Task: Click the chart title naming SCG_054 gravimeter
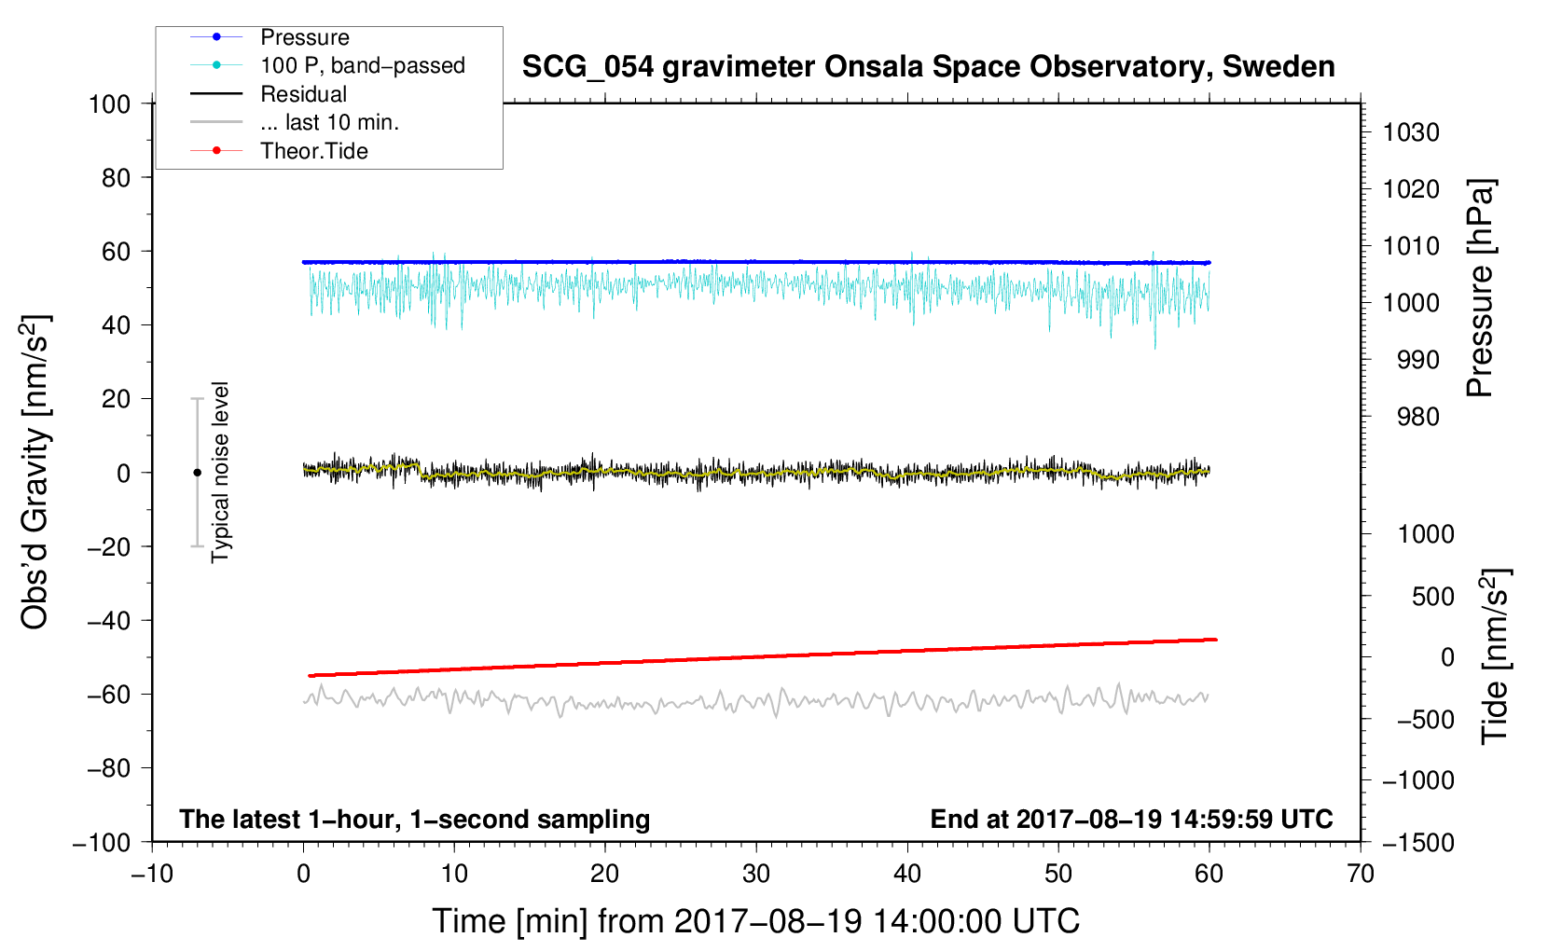click(x=928, y=67)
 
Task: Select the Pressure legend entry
click(x=304, y=37)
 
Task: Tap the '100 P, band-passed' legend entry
click(x=362, y=65)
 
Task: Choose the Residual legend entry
click(x=303, y=94)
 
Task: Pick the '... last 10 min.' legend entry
click(x=329, y=122)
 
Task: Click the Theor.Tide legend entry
click(x=313, y=151)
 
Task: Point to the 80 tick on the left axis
click(x=116, y=177)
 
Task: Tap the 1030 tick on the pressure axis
click(x=1411, y=132)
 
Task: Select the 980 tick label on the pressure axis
click(x=1417, y=417)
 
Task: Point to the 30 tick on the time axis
click(x=756, y=874)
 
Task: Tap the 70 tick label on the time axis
click(x=1361, y=874)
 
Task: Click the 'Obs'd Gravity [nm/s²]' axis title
click(x=35, y=472)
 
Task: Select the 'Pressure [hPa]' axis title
click(x=1480, y=288)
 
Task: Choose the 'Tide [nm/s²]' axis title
click(x=1495, y=655)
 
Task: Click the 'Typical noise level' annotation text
click(x=220, y=472)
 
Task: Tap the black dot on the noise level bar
click(x=197, y=473)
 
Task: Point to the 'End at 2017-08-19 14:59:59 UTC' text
click(x=1131, y=819)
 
